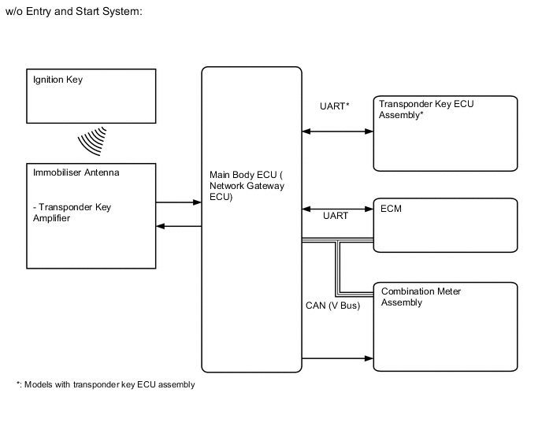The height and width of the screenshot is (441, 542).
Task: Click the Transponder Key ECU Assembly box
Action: tap(445, 133)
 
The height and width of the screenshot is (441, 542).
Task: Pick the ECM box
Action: tap(445, 224)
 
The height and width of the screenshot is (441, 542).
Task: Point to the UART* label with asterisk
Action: tap(334, 106)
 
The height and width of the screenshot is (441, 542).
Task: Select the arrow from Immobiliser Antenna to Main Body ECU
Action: tap(179, 202)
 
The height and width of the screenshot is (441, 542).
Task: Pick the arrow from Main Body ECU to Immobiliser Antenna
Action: tap(179, 227)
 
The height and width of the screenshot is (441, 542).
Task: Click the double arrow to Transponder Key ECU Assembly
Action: tap(337, 131)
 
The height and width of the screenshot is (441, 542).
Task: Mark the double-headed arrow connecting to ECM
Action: tap(337, 209)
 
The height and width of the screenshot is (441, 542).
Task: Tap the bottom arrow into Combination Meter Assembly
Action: tap(337, 358)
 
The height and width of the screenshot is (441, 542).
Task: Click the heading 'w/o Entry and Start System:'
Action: tap(73, 14)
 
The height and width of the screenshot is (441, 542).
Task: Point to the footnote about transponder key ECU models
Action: tap(105, 385)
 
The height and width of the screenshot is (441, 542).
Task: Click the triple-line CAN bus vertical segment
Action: tap(339, 265)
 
